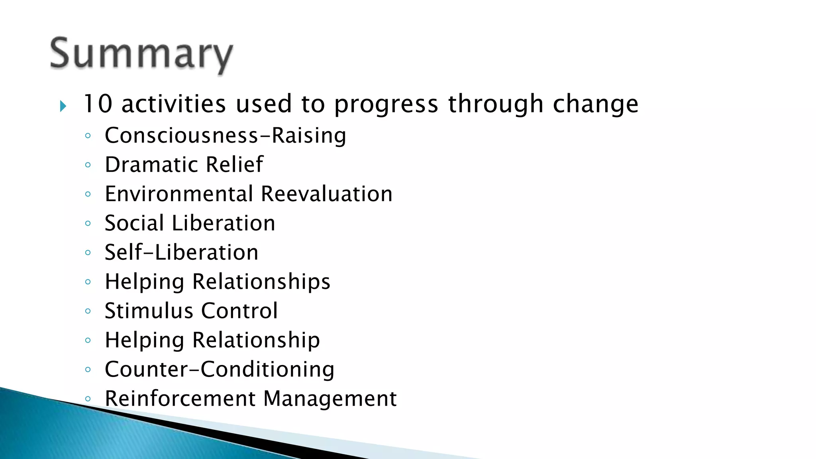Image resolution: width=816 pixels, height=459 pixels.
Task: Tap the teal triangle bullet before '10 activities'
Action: click(63, 106)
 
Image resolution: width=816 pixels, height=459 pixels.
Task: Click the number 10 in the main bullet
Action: click(98, 104)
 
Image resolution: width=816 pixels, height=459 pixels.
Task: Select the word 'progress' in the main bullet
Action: click(386, 104)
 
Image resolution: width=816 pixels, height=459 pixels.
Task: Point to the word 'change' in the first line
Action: click(595, 104)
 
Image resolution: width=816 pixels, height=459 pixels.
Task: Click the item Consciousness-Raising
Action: click(225, 135)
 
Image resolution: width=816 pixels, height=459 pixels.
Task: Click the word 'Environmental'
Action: click(179, 194)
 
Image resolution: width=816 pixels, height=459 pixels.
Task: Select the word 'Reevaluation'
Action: click(326, 194)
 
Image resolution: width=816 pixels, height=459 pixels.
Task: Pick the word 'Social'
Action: click(134, 223)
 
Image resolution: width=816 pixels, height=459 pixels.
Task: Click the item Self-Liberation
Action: click(181, 253)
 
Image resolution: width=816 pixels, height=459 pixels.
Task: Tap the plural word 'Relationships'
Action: click(261, 282)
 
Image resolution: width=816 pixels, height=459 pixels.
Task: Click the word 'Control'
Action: click(239, 311)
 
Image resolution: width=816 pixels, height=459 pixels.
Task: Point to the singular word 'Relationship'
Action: click(256, 340)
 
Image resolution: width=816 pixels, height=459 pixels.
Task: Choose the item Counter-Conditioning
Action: click(219, 369)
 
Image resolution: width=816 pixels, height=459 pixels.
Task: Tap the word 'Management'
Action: click(330, 398)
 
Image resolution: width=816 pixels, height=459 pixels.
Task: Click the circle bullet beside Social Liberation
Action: click(88, 224)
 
